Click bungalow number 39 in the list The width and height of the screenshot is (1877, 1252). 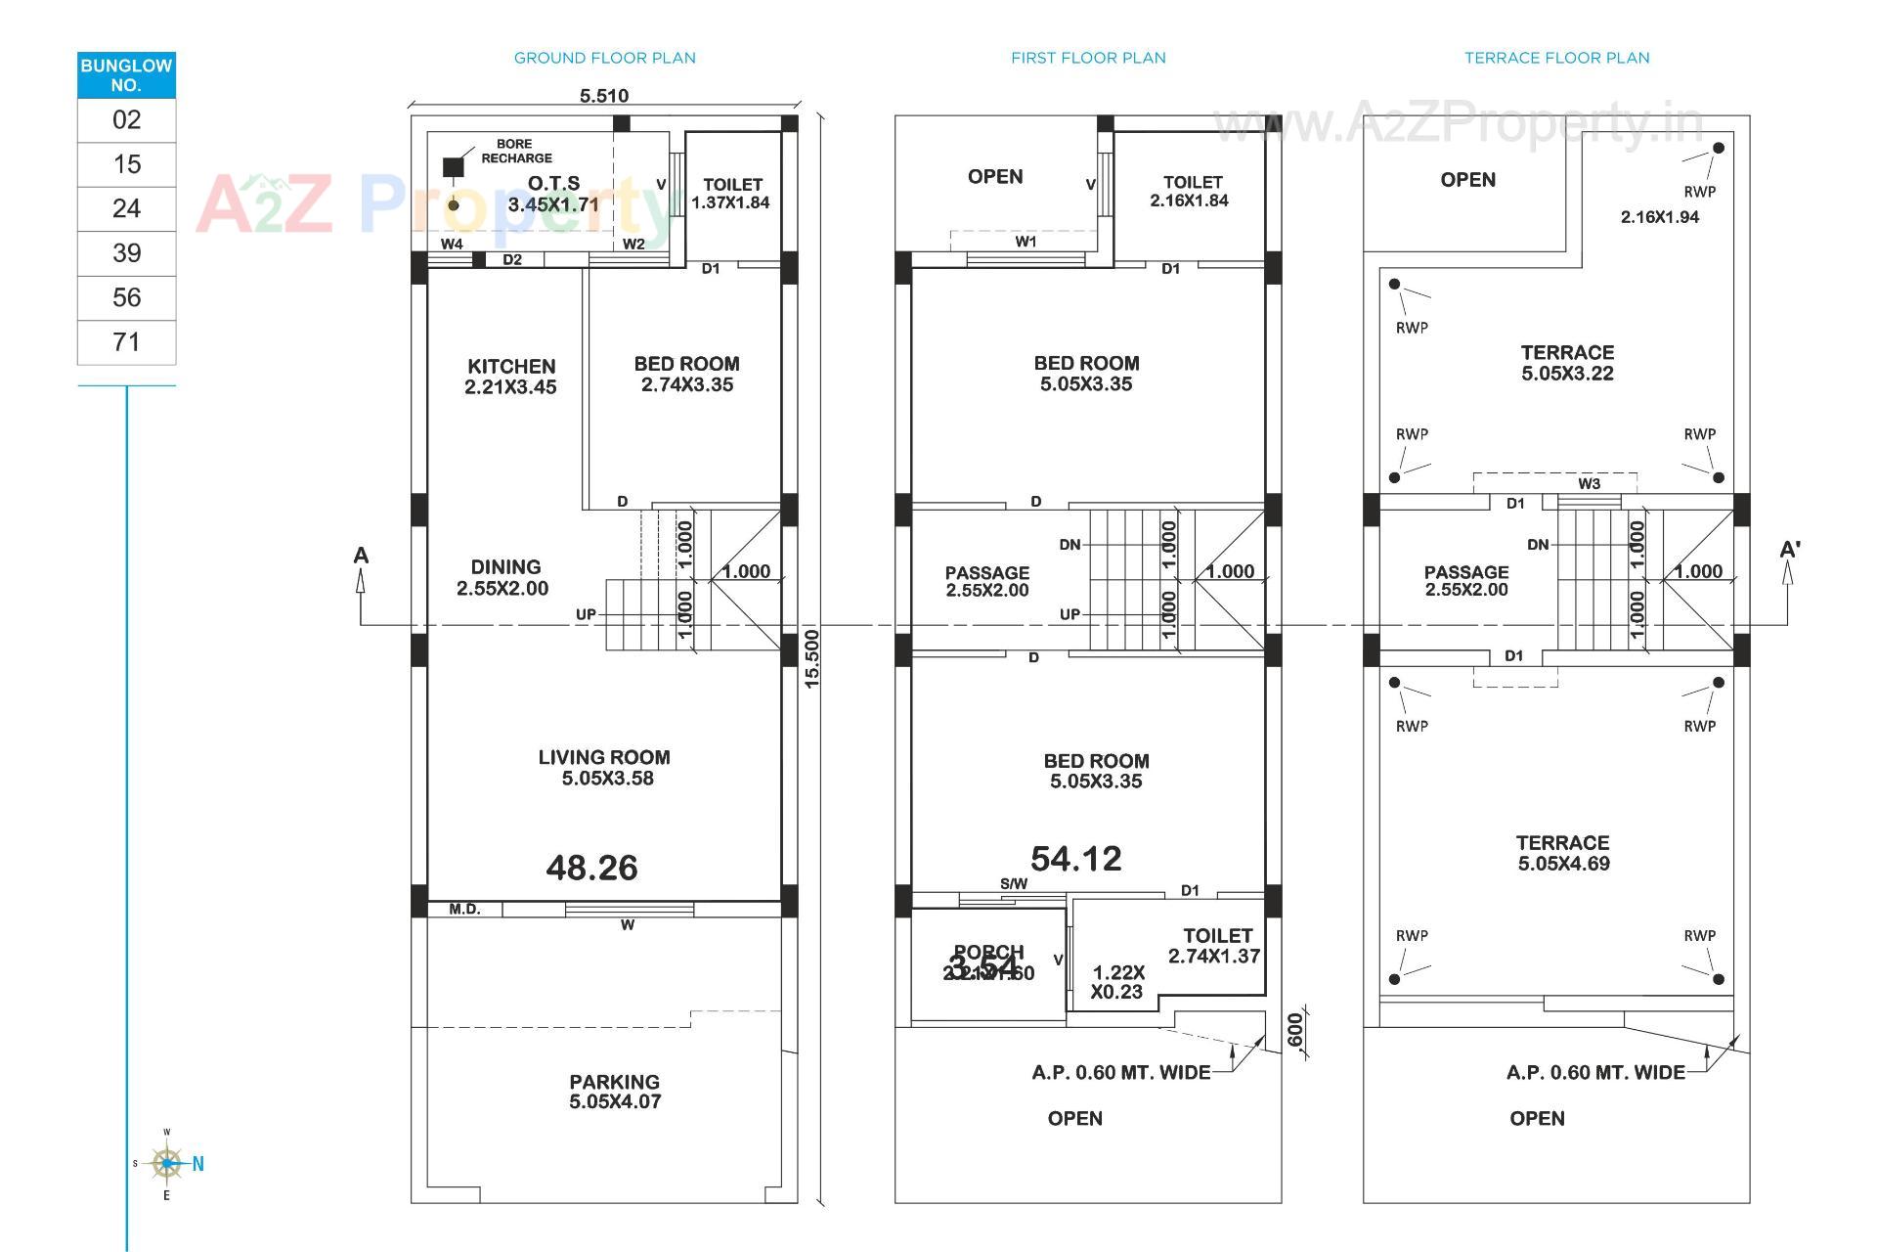point(126,253)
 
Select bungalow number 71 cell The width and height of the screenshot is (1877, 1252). point(126,342)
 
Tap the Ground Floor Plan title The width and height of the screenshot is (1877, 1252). point(604,58)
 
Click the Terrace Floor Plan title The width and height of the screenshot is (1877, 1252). point(1556,58)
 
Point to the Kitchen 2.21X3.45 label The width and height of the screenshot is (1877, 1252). point(510,377)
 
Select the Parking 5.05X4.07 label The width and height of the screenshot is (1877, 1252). point(615,1092)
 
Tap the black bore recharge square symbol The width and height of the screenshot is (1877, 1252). point(453,167)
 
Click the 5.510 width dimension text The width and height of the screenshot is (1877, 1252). point(604,96)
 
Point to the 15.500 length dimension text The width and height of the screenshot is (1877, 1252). point(812,658)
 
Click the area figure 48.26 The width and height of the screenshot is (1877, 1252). point(591,868)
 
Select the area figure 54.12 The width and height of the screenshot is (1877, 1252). point(1075,859)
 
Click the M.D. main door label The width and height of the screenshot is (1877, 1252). point(464,910)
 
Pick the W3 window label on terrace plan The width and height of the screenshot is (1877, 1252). point(1589,484)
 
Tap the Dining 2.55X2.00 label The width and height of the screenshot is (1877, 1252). point(503,577)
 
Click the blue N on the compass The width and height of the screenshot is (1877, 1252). point(198,1164)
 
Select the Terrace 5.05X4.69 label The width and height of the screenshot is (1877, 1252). point(1563,853)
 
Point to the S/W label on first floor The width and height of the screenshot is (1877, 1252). point(1014,884)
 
